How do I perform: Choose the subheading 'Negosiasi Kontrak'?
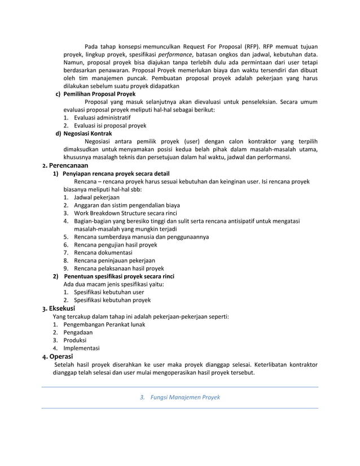click(87, 133)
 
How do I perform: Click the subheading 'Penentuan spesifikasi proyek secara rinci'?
click(118, 276)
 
